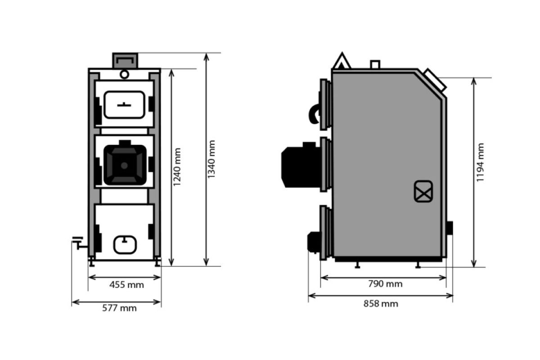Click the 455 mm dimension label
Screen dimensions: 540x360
tap(126, 285)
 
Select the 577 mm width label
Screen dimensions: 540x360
tap(119, 308)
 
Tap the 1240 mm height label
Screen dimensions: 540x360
tap(177, 167)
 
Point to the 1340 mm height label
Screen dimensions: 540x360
tap(211, 159)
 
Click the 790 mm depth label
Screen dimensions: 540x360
tap(385, 284)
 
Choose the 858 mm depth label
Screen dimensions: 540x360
tap(381, 304)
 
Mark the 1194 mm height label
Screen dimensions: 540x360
tap(480, 162)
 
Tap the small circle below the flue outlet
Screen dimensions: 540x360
tap(124, 74)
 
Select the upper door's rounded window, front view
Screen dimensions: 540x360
tap(124, 105)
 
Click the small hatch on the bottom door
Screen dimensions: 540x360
tap(125, 245)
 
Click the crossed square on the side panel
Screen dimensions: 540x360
tap(423, 191)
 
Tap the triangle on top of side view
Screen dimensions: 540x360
tap(342, 60)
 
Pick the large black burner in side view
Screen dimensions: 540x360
tap(301, 165)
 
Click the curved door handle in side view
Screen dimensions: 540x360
tap(315, 114)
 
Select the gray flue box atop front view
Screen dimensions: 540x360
tap(125, 60)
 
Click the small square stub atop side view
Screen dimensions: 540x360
tap(375, 65)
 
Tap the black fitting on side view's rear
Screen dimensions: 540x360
tap(450, 228)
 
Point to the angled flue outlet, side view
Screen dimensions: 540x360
tap(435, 80)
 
